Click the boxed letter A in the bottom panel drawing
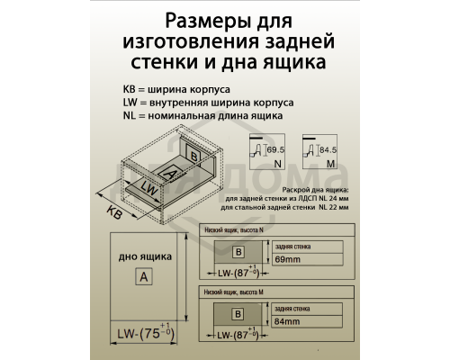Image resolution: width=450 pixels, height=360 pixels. [x=143, y=276]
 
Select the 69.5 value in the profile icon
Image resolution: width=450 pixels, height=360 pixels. [x=275, y=148]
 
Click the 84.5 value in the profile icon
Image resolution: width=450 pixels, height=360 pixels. [x=328, y=148]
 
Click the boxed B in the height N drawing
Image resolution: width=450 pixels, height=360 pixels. [x=237, y=251]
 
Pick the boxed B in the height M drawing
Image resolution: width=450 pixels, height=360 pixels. [x=237, y=314]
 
